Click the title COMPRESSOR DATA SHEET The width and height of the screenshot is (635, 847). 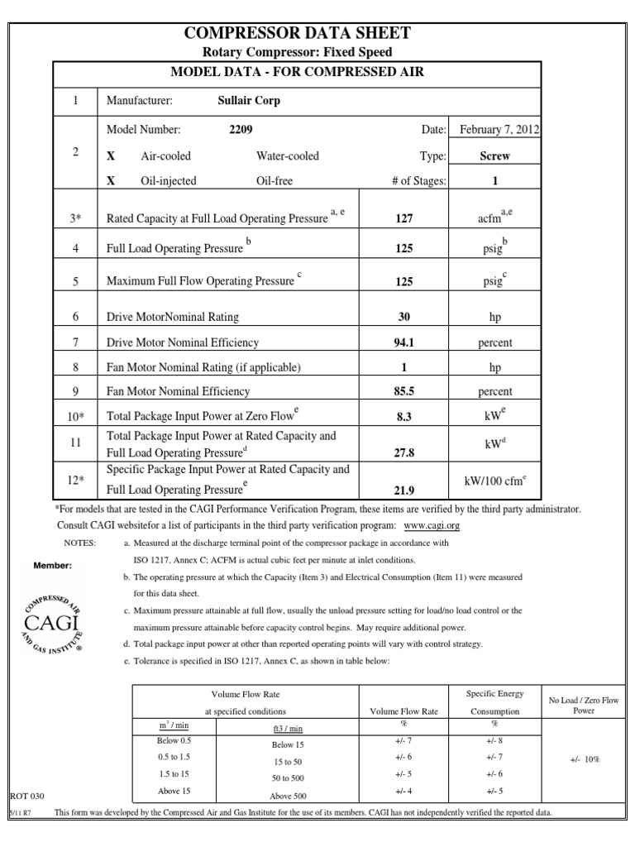(x=297, y=33)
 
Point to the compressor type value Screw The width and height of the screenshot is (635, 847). (x=494, y=156)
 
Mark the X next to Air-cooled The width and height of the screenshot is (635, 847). (x=111, y=156)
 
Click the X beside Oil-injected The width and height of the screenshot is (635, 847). (x=111, y=181)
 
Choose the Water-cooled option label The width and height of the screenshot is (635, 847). (x=287, y=156)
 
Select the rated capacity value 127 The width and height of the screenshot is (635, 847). (x=403, y=219)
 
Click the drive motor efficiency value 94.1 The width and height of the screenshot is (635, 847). (x=403, y=342)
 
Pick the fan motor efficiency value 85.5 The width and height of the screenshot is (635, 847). (x=403, y=392)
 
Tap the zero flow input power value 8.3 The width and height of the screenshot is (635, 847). (x=403, y=419)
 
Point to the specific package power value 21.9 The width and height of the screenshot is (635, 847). (x=403, y=489)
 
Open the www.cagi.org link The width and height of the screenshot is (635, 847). (x=431, y=525)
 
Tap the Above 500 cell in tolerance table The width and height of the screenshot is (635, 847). (x=289, y=796)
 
